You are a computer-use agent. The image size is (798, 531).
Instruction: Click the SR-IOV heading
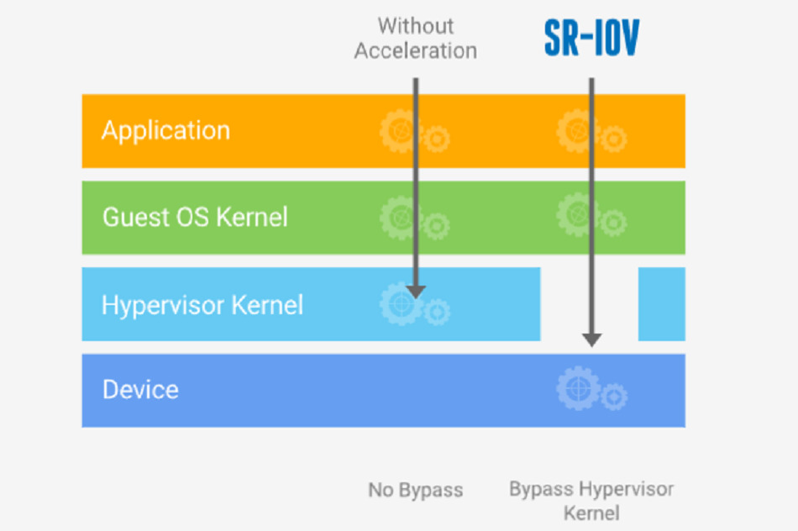tap(591, 38)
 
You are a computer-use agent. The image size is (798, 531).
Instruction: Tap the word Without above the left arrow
tap(416, 26)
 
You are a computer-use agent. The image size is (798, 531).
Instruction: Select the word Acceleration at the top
tap(416, 51)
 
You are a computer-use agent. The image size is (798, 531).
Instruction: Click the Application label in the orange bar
tap(166, 131)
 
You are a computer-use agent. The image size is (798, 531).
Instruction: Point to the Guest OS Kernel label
tap(195, 218)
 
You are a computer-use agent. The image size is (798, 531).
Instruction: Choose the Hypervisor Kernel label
tap(202, 305)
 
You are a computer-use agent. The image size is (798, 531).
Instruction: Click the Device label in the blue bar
tap(140, 390)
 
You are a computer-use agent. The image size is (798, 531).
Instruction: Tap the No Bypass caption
tap(416, 490)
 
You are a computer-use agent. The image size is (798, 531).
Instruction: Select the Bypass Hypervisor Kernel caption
tap(591, 501)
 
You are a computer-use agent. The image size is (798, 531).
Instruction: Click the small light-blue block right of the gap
tap(662, 304)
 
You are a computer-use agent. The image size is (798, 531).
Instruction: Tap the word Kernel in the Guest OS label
tap(252, 218)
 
